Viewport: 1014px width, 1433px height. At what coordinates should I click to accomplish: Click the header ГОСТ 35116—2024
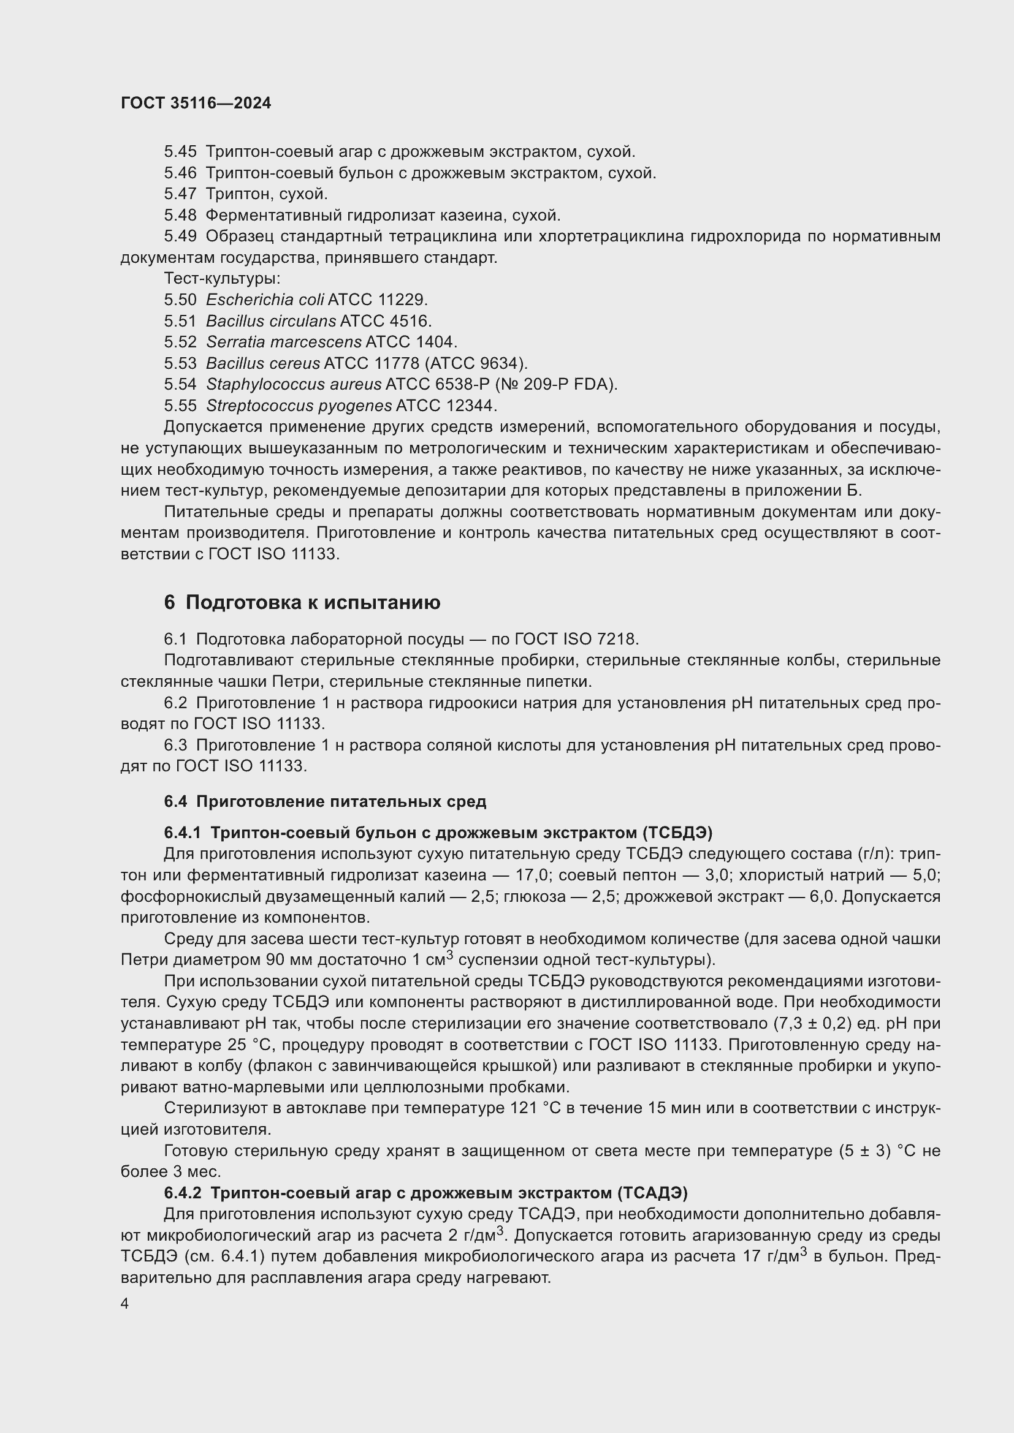196,103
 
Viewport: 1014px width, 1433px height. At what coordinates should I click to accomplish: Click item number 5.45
180,152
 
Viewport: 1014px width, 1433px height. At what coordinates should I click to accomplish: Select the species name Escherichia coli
265,300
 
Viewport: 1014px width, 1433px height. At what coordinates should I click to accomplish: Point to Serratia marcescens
283,342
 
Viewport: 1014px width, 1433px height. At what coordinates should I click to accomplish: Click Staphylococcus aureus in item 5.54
294,385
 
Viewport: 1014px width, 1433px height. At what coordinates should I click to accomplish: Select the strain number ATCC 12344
446,406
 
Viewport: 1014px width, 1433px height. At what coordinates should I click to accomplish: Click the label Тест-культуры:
222,278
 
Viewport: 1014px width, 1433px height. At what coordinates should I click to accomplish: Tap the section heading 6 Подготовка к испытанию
302,602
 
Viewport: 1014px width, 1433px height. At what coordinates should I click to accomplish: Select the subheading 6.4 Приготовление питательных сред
325,801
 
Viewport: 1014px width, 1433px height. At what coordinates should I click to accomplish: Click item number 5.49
180,236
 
